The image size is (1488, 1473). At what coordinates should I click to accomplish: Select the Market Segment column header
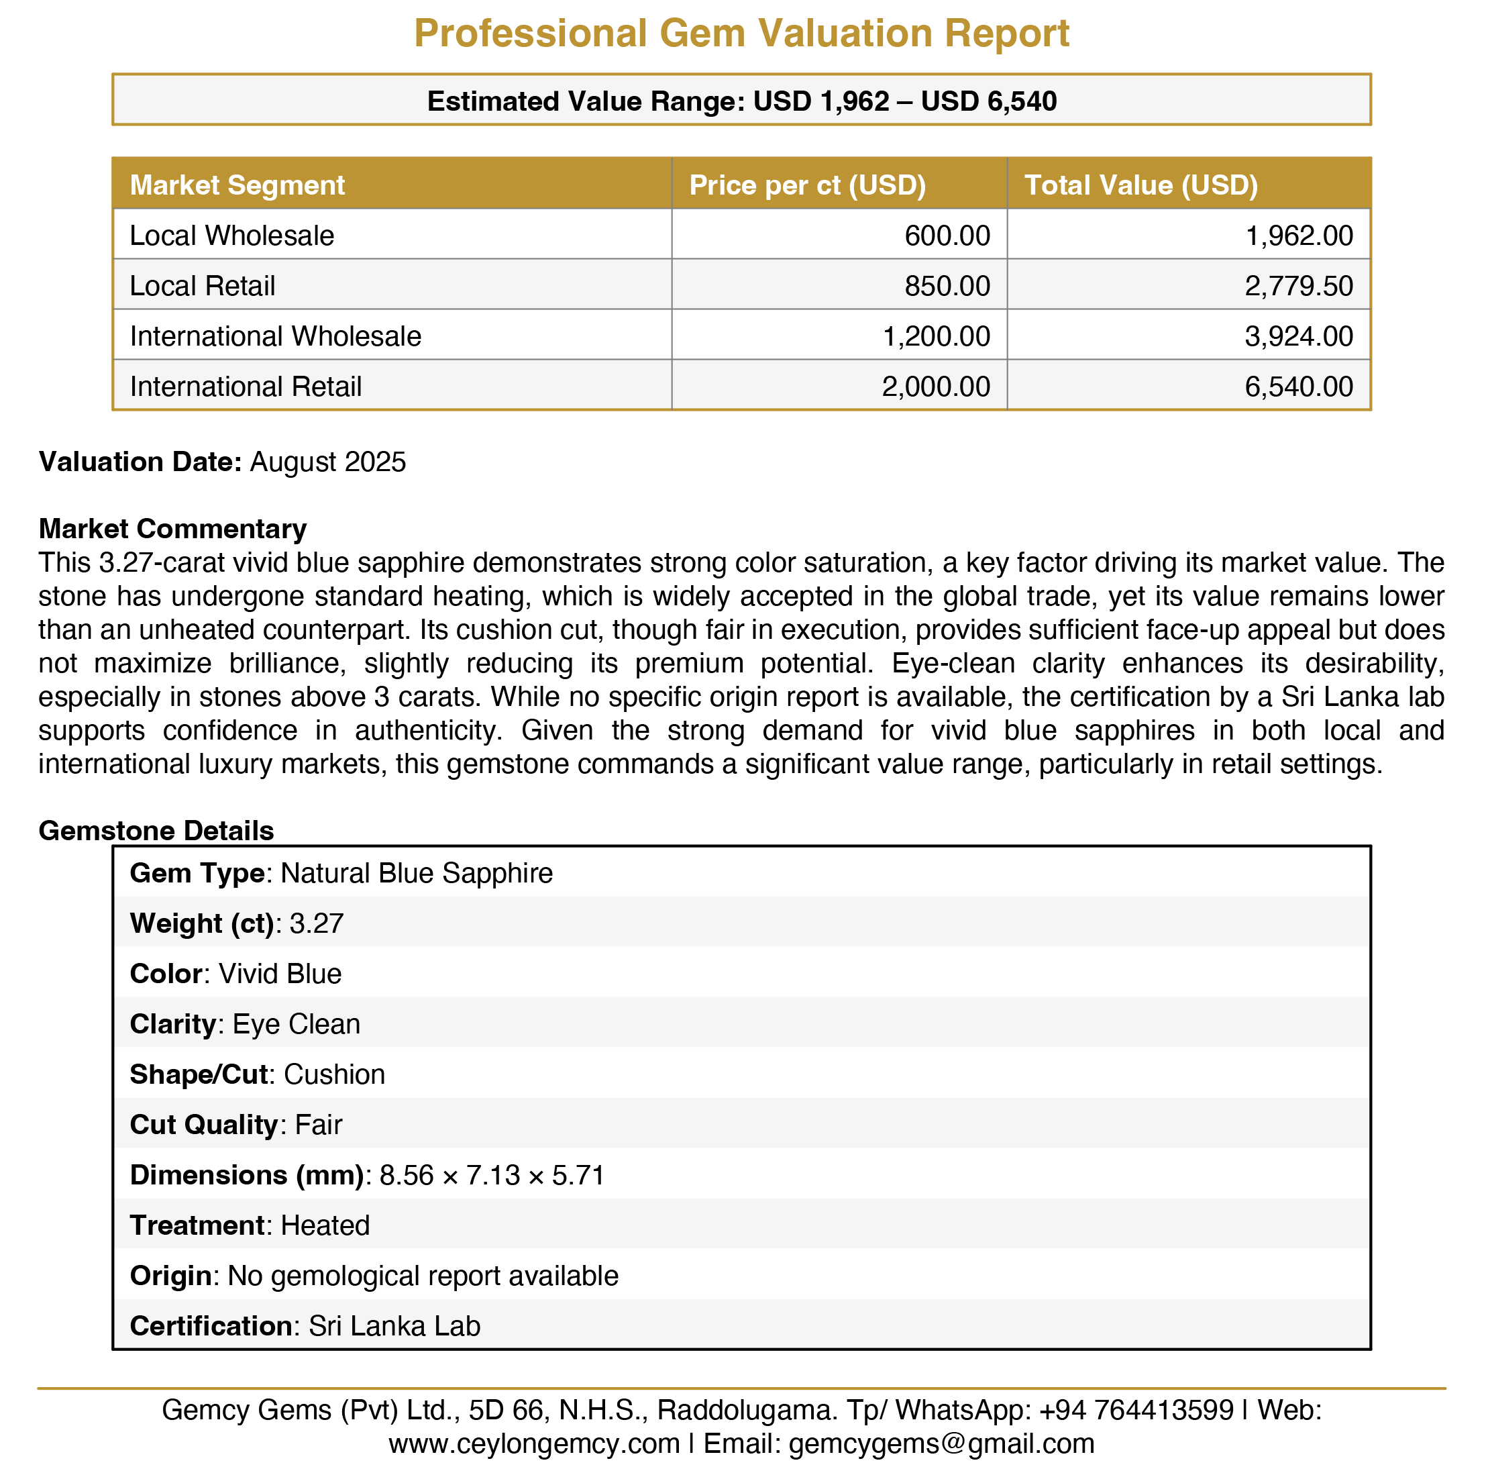pos(237,186)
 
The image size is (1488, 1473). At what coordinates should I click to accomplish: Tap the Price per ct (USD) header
pos(807,186)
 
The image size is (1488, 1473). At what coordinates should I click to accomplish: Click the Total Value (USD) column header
pos(1140,186)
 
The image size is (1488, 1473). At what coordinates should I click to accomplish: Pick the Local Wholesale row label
pos(232,236)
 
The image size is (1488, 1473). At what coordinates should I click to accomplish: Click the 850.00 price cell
pos(947,287)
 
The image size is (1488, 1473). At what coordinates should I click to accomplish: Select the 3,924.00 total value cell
pos(1299,337)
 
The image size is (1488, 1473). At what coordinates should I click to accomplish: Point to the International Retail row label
pos(246,387)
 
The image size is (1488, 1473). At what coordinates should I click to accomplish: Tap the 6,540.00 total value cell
pos(1299,387)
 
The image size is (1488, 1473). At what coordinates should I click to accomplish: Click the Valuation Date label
pos(140,462)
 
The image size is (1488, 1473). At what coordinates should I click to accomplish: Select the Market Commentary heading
pos(172,529)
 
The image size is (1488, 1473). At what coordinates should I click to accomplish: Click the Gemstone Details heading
pos(156,831)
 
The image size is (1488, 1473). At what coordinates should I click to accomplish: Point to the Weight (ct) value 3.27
pos(317,923)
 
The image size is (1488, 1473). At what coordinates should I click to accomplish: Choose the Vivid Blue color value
pos(280,974)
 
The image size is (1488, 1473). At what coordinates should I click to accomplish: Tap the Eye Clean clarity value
pos(297,1024)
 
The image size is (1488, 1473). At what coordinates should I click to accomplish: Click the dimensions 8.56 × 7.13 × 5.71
pos(492,1175)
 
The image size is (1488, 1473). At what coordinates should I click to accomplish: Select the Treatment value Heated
pos(325,1225)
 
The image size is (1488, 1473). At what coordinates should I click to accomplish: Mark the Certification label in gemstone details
pos(210,1326)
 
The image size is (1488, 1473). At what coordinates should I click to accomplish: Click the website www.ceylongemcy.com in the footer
pos(534,1443)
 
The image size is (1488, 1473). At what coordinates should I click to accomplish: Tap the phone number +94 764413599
pos(1136,1410)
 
